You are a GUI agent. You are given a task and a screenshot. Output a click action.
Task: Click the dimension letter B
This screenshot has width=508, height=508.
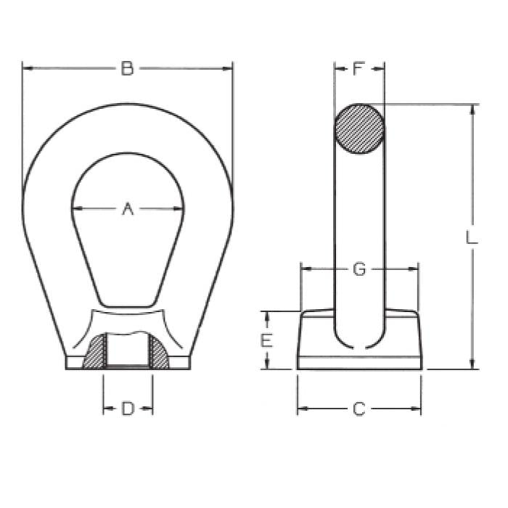(x=127, y=69)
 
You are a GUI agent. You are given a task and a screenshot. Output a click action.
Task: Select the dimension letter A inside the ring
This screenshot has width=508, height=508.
(x=128, y=209)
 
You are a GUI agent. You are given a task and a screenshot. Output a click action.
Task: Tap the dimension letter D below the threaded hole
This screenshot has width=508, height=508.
(x=128, y=409)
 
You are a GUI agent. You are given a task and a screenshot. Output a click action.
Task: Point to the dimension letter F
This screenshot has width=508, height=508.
(x=359, y=68)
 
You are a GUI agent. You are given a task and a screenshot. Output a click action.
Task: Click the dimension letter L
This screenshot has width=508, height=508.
(x=472, y=237)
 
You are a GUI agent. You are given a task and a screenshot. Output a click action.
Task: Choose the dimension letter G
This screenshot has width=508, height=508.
(x=359, y=269)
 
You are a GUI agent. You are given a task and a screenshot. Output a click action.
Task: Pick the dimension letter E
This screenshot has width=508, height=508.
(x=266, y=341)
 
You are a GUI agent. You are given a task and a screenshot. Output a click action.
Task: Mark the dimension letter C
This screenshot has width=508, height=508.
(x=359, y=409)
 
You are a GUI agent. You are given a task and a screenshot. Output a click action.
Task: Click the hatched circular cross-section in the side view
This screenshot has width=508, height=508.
(x=359, y=128)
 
